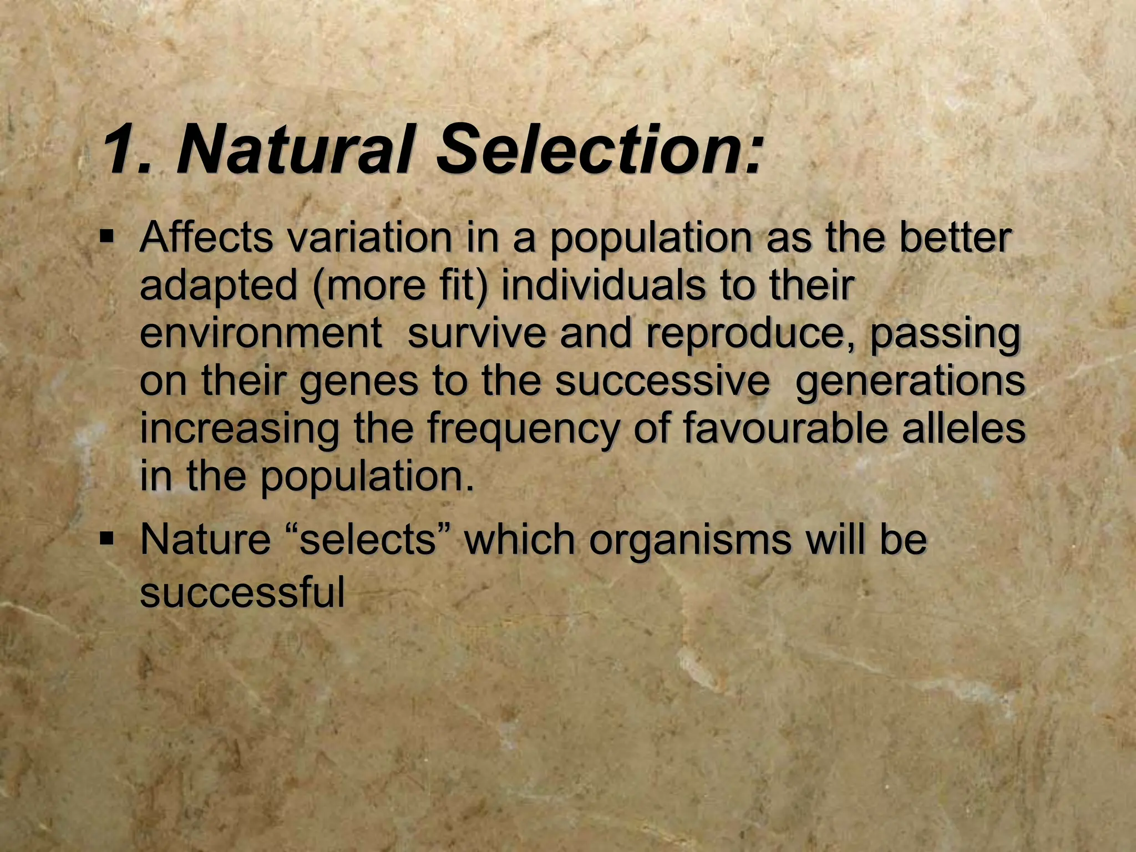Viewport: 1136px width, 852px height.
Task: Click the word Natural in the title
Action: point(295,150)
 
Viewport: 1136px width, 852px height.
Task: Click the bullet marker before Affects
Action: point(106,237)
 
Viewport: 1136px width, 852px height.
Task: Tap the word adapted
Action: point(219,286)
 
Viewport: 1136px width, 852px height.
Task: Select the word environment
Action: point(261,334)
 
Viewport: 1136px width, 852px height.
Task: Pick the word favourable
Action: point(785,429)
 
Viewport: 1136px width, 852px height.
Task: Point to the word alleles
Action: point(963,429)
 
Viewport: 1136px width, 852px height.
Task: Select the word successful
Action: point(242,591)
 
